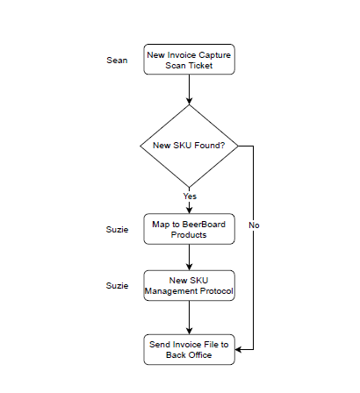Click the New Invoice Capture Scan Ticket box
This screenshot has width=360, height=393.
189,60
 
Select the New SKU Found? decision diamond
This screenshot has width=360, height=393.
189,146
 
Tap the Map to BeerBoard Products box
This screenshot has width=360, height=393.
189,229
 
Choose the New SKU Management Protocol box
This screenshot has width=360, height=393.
189,285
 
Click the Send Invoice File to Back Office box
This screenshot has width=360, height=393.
189,349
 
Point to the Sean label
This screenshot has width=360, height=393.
117,61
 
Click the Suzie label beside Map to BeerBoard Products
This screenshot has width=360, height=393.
117,230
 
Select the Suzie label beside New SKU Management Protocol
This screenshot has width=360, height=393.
117,285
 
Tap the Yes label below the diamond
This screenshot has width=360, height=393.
190,196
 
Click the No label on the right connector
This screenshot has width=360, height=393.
254,225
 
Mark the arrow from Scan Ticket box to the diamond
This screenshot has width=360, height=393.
189,89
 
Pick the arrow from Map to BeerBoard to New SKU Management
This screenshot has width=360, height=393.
189,257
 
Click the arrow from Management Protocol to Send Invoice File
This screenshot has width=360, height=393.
189,318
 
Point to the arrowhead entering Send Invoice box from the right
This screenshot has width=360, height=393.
238,349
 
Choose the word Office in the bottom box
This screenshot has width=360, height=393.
200,355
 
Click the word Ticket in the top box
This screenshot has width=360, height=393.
200,66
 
